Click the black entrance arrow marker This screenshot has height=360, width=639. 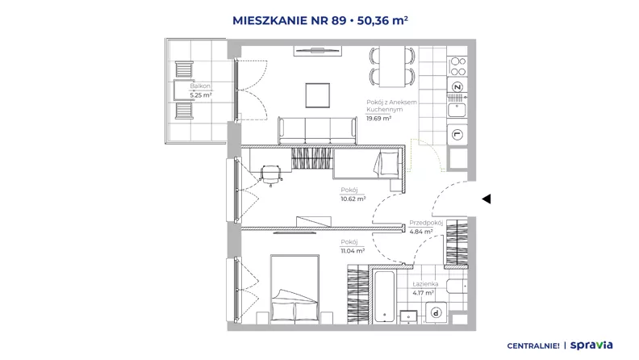click(487, 199)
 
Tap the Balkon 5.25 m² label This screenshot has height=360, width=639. click(201, 90)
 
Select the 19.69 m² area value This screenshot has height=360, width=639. click(378, 118)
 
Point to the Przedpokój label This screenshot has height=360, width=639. click(426, 223)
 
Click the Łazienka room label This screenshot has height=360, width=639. click(425, 284)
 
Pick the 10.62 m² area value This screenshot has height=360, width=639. click(353, 199)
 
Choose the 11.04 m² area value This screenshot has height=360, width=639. click(353, 251)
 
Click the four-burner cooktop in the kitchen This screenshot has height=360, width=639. click(457, 66)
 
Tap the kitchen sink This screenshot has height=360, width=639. click(457, 110)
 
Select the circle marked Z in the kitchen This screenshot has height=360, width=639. click(457, 87)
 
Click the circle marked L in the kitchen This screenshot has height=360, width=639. click(457, 135)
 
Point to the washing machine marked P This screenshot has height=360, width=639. click(436, 312)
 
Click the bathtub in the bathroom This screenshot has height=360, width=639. click(384, 296)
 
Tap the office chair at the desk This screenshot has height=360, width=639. click(271, 175)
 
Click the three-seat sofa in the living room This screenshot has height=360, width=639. click(317, 131)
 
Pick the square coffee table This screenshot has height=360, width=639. click(318, 95)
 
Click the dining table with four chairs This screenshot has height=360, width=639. click(392, 66)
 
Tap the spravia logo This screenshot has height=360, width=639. click(591, 345)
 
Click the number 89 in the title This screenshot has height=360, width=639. click(339, 20)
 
